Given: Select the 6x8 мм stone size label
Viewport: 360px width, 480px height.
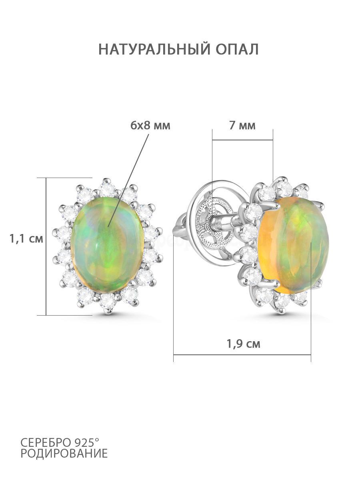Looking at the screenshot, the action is (x=150, y=126).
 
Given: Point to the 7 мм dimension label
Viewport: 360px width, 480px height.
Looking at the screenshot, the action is (x=242, y=126).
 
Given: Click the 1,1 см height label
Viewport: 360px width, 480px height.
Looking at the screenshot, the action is (x=26, y=238).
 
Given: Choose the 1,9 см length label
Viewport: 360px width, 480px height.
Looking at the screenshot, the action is (x=243, y=344).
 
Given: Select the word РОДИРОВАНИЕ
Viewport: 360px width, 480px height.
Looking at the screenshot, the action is (x=64, y=455).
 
